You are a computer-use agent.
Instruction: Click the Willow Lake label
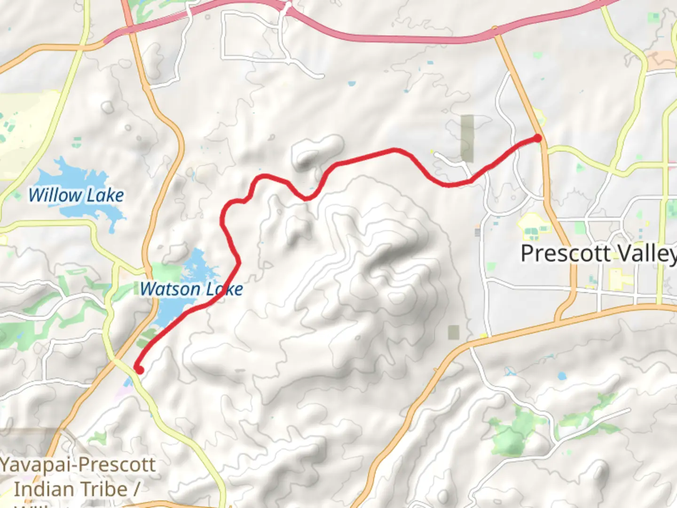click(x=76, y=195)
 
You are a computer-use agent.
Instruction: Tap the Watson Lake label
click(x=191, y=289)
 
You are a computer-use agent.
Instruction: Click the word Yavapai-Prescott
click(x=78, y=465)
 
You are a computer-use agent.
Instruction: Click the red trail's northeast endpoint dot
click(x=537, y=138)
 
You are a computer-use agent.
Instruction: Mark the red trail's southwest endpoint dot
click(x=139, y=370)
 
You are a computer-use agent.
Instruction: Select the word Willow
click(x=55, y=195)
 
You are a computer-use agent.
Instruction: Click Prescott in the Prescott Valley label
click(x=566, y=254)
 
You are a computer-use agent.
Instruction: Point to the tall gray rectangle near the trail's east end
click(x=467, y=138)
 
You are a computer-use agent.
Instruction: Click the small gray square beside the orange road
click(x=454, y=332)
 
